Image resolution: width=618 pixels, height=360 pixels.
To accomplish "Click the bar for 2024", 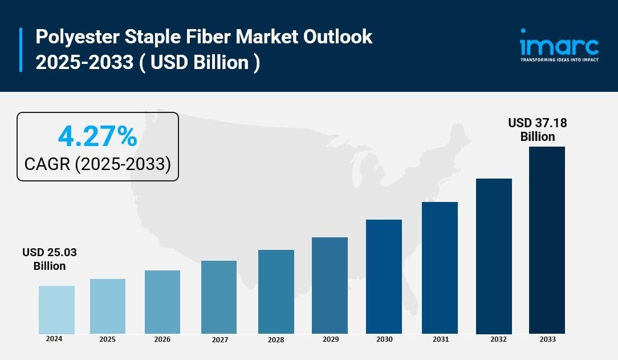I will coord(56,310).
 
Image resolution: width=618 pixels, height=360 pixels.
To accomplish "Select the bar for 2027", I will coord(219,297).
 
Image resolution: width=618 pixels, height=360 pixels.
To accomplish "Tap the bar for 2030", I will coord(384,277).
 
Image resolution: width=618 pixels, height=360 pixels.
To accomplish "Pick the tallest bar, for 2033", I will coord(547,240).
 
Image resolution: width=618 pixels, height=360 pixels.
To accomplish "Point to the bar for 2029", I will coord(330,285).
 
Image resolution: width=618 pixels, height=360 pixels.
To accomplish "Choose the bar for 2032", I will coord(494,256).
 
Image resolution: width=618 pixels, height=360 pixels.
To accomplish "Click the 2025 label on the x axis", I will coord(107,339).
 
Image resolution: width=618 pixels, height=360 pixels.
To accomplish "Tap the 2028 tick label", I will coord(276,340).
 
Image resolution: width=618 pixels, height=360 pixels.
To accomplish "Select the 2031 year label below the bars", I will coord(440,339).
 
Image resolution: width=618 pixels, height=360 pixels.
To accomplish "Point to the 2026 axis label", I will coord(162,339).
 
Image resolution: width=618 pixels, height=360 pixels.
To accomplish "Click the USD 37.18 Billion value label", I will coord(538,130).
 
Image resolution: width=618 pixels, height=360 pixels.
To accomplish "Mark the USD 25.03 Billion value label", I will coord(50,259).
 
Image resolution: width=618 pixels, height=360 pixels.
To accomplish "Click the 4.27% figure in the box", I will coord(97,137).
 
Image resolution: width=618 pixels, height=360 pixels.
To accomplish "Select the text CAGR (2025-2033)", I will coord(97,164).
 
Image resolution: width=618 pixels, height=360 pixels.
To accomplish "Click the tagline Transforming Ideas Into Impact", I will coord(559,59).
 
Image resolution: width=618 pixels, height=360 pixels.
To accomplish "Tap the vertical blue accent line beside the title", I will coord(21,50).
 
